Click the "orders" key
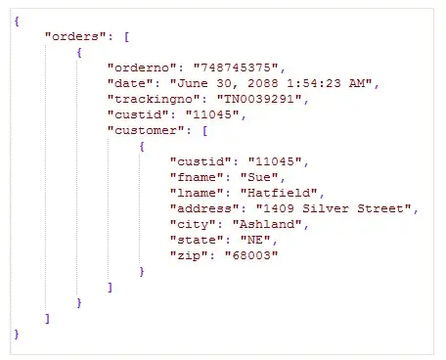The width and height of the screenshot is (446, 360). [x=75, y=36]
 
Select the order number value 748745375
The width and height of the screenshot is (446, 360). [x=236, y=67]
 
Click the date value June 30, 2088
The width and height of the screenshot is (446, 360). [x=271, y=83]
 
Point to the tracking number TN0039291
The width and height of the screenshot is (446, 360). [x=259, y=99]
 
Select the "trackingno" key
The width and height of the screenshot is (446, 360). [x=154, y=100]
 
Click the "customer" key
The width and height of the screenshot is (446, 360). [x=146, y=130]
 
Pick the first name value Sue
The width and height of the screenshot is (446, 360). [x=259, y=177]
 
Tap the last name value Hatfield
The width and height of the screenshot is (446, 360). [x=279, y=193]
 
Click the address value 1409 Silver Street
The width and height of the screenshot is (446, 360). [x=334, y=208]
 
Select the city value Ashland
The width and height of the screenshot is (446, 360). [x=267, y=224]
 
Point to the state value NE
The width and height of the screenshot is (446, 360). [x=255, y=240]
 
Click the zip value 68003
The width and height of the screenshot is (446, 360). [x=251, y=255]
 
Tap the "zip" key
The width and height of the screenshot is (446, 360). [x=189, y=255]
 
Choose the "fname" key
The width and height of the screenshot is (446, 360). [x=197, y=177]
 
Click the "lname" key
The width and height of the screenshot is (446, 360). [x=197, y=193]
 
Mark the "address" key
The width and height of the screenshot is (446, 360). [x=204, y=208]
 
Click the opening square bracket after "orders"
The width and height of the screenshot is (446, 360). [x=127, y=36]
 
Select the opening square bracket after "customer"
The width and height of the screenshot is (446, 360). [x=204, y=131]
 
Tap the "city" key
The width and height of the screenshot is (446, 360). [x=193, y=225]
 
